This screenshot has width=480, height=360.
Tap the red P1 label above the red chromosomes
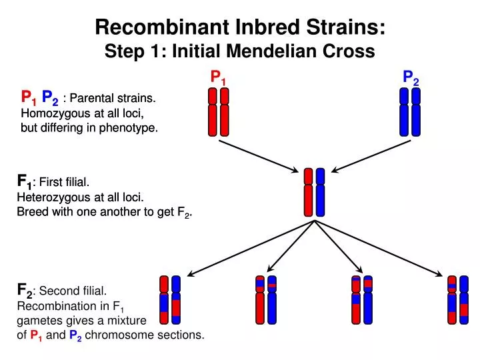click(219, 78)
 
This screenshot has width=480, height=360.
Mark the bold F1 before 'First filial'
click(24, 182)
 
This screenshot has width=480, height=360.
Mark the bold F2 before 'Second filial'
click(24, 291)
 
